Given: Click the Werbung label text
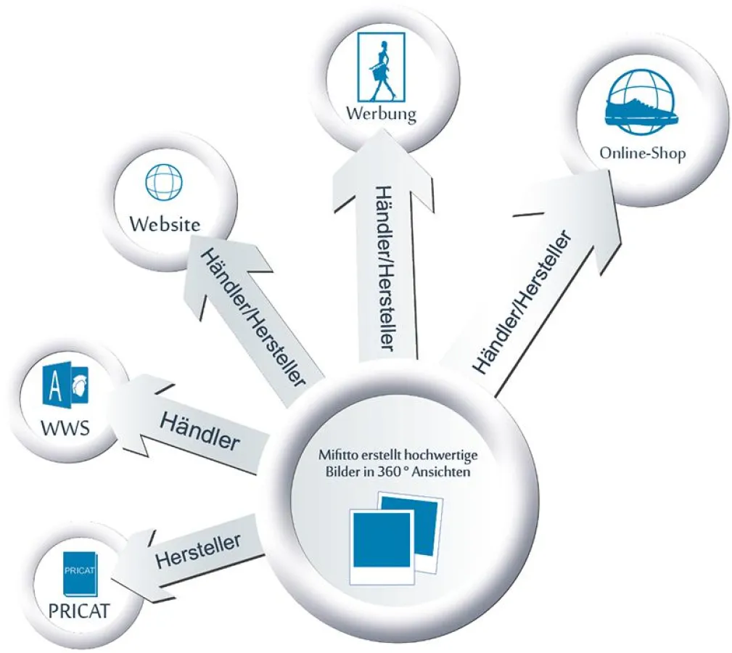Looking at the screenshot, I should coord(381,114).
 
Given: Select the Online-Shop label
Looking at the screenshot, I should coord(642,154).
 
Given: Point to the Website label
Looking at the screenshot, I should coord(165,223).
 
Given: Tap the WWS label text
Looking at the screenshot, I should coord(65,427).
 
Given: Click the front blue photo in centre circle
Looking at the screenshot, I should coord(381,539).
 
